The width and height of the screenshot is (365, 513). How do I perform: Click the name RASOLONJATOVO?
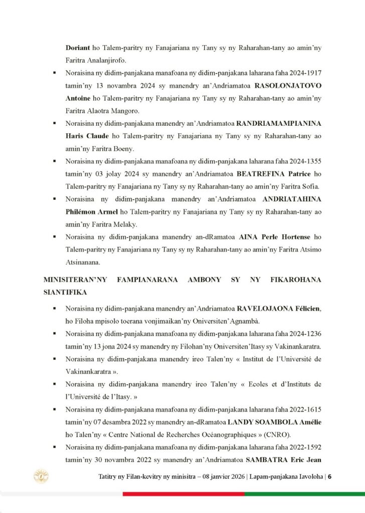[288, 85]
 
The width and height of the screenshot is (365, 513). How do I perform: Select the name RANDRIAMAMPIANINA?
[279, 123]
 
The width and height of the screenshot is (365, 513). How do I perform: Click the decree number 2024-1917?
[306, 73]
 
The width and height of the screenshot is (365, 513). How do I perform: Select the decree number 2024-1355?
[306, 162]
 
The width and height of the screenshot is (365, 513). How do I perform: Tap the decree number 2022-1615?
[306, 409]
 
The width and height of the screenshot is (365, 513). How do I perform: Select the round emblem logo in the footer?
[40, 476]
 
